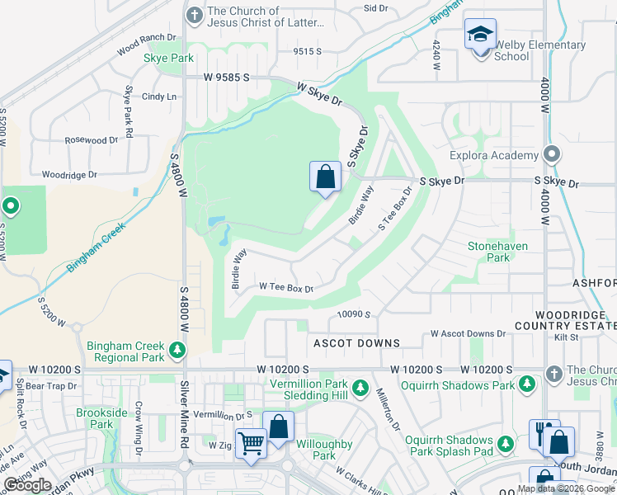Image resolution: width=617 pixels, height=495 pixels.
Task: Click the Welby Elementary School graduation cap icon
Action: [480, 35]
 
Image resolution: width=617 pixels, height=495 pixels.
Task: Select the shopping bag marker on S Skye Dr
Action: [325, 177]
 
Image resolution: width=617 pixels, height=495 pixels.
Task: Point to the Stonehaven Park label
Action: [497, 252]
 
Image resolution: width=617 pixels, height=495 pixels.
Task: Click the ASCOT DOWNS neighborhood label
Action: [356, 342]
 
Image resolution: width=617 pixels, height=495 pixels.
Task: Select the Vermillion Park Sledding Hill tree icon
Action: [360, 388]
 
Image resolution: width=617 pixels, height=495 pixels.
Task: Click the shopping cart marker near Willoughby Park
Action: [251, 443]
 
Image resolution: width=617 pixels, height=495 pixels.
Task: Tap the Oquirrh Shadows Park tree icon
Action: [525, 384]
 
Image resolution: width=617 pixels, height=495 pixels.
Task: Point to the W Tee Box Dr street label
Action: [286, 287]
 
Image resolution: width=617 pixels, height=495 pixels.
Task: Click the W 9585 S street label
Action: [215, 78]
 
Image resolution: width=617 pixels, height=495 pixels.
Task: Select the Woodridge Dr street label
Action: [69, 175]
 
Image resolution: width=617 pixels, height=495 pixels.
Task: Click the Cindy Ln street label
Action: [159, 97]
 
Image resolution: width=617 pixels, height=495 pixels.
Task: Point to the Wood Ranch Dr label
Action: [147, 44]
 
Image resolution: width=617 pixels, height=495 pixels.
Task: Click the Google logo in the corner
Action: [28, 484]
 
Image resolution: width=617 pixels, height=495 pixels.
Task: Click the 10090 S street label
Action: [354, 314]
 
